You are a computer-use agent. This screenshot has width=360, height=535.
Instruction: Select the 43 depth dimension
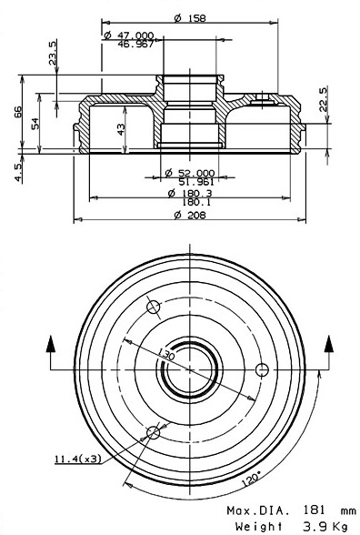tap(122, 130)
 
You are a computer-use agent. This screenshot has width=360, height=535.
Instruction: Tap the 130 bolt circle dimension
tap(165, 354)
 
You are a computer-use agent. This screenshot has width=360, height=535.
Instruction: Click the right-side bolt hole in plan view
tap(263, 369)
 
